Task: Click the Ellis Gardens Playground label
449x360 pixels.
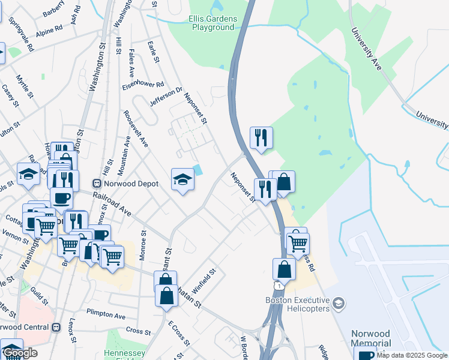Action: pos(212,23)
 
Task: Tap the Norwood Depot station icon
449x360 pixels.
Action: pos(96,184)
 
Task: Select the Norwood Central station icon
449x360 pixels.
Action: pos(56,327)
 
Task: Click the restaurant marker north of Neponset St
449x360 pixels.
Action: pos(261,137)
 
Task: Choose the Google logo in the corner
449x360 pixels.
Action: pos(20,353)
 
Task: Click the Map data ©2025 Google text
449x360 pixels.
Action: pos(412,355)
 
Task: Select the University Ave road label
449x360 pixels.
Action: pos(366,47)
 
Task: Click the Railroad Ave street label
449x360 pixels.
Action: pos(112,203)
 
